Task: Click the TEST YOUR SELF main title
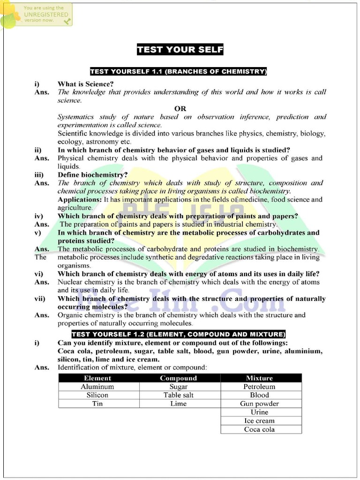coord(180,50)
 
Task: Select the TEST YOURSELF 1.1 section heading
coord(178,72)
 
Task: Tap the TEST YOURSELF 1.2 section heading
coord(178,334)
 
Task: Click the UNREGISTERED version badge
coord(37,14)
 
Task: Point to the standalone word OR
coord(180,108)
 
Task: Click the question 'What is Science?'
coord(85,84)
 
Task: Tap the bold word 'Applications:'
coord(79,199)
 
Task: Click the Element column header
coord(97,378)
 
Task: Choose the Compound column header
coord(179,378)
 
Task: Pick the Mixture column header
coord(259,378)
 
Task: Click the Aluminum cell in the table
coord(97,387)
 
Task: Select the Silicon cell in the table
coord(97,395)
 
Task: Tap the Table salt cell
coord(179,395)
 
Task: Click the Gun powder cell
coord(259,404)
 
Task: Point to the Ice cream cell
coord(259,420)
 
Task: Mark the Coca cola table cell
coord(259,429)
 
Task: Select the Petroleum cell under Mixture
coord(259,387)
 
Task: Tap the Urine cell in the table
coord(259,412)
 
